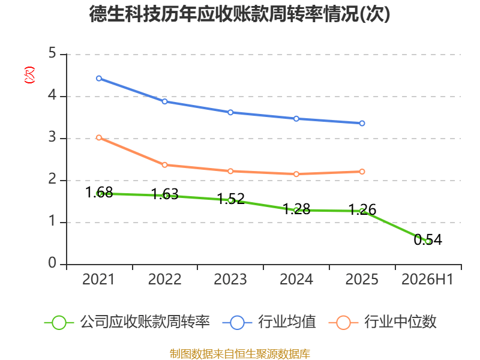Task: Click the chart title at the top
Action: (x=239, y=14)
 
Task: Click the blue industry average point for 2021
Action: (x=99, y=79)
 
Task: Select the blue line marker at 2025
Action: (x=362, y=123)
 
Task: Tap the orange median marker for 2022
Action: (x=164, y=165)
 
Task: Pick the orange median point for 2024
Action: (x=296, y=174)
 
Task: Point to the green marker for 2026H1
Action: (x=428, y=241)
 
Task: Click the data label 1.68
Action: (x=99, y=192)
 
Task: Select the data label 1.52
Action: (x=231, y=199)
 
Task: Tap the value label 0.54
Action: (x=428, y=239)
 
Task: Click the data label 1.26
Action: (x=362, y=209)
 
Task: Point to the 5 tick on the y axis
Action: (x=52, y=53)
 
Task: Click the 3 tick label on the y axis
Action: (x=52, y=137)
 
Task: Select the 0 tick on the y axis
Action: (x=52, y=263)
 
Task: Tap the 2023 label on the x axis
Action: (x=230, y=279)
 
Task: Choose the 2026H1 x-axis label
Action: (x=427, y=279)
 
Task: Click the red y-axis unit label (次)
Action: (x=29, y=75)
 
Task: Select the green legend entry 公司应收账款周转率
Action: (x=127, y=322)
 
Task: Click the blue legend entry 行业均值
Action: (x=269, y=322)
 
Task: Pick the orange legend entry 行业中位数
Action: (x=383, y=322)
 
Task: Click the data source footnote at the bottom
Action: (x=240, y=354)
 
